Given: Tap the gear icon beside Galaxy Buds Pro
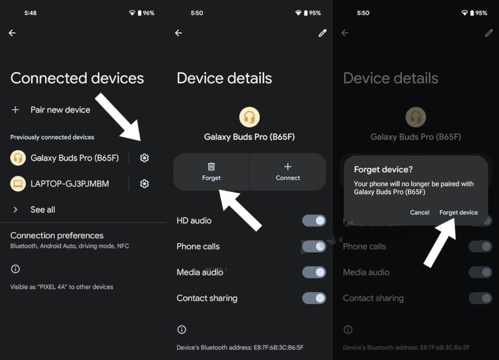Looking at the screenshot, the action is (144, 158).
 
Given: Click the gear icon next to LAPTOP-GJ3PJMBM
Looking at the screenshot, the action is (144, 184).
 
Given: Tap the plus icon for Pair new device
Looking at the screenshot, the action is (15, 110).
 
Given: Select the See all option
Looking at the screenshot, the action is (42, 210).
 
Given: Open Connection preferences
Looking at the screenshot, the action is (57, 236).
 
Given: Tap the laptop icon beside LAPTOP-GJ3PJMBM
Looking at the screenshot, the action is (18, 184).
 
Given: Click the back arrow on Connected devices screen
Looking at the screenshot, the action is (12, 33).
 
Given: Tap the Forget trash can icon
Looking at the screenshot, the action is (211, 166).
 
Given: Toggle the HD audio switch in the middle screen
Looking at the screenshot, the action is (314, 221).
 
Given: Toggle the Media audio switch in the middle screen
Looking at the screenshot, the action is (314, 272).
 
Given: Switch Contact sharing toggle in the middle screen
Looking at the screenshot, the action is (314, 298).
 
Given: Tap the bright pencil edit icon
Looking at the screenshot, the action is (322, 33).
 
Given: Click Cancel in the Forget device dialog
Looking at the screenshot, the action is (420, 212).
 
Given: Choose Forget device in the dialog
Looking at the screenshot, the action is (459, 212).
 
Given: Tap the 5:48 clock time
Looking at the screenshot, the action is (30, 13).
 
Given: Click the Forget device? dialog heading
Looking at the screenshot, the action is (383, 169).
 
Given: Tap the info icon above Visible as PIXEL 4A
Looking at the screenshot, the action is (15, 269).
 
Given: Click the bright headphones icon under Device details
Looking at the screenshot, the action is (249, 117).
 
